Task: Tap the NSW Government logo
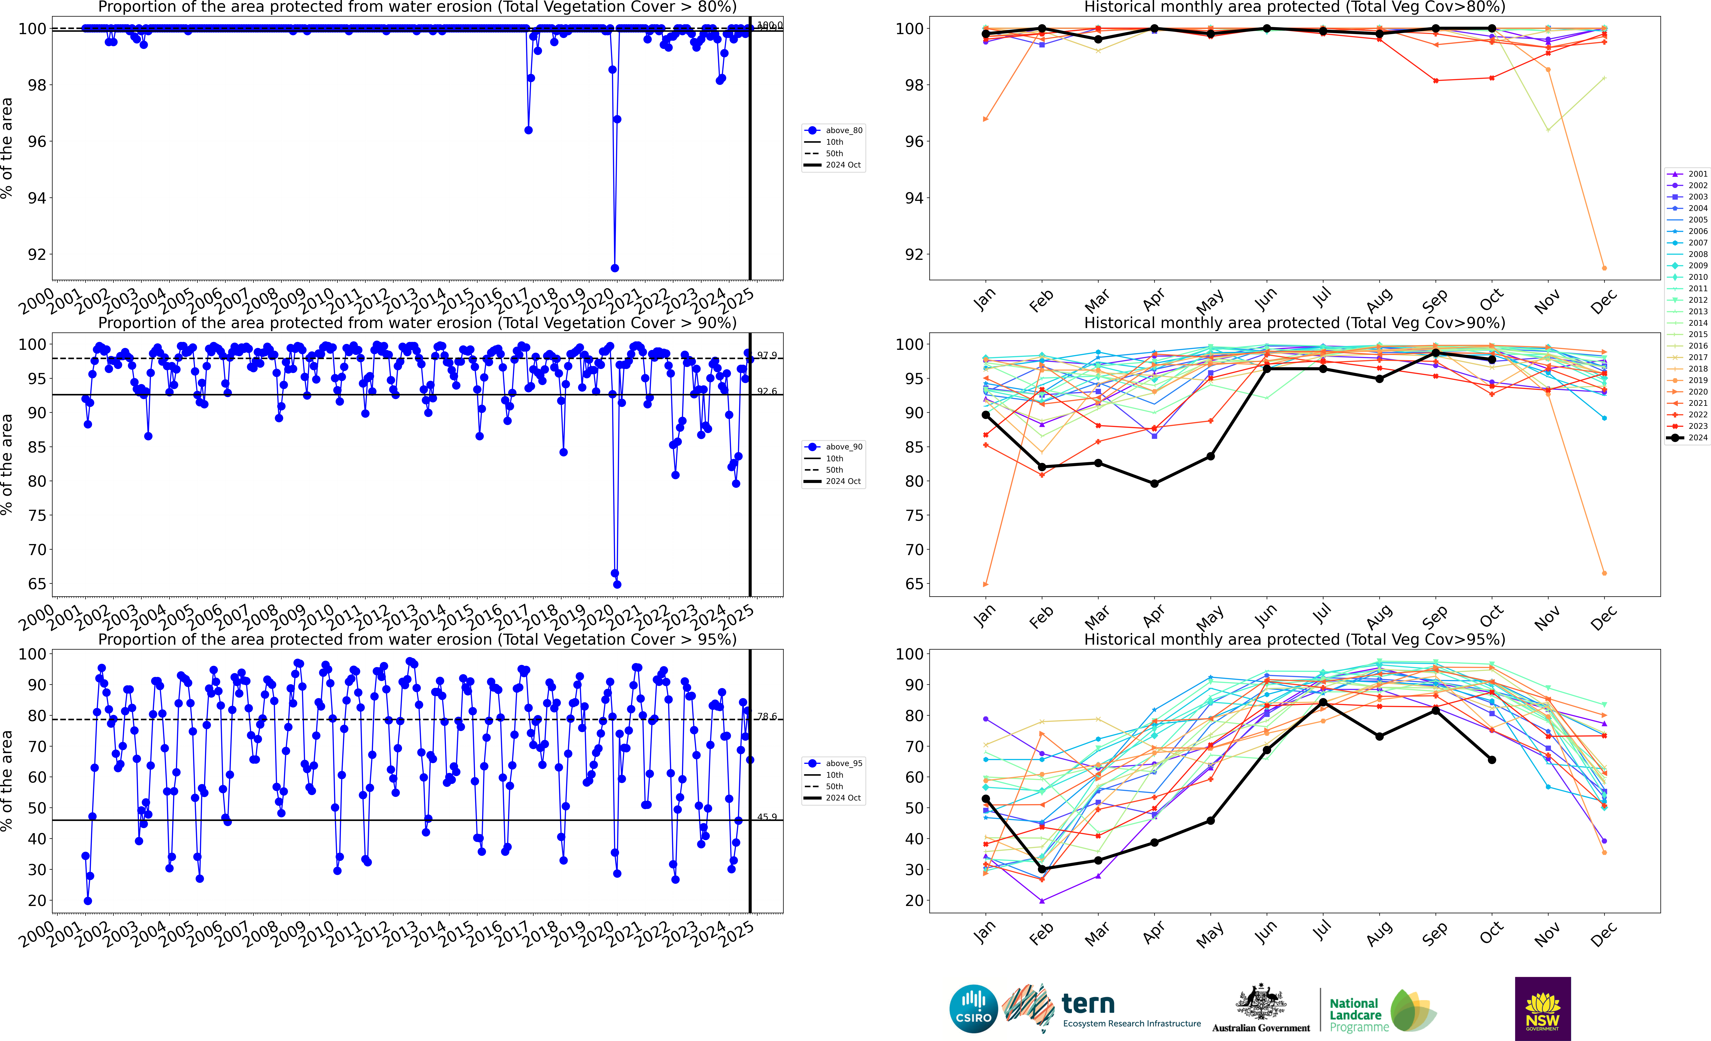coord(1542,1008)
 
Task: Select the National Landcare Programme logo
coord(1382,1012)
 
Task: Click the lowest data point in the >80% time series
coord(615,268)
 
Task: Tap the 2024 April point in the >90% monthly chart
coord(1154,484)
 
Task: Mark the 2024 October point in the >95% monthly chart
coord(1492,760)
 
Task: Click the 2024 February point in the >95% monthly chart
coord(1042,869)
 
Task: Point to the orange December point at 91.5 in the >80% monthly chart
coord(1604,268)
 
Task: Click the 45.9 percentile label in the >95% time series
coord(767,817)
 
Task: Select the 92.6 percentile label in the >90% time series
coord(767,391)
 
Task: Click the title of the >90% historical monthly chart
coord(1294,323)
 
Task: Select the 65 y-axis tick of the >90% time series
coord(37,584)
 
